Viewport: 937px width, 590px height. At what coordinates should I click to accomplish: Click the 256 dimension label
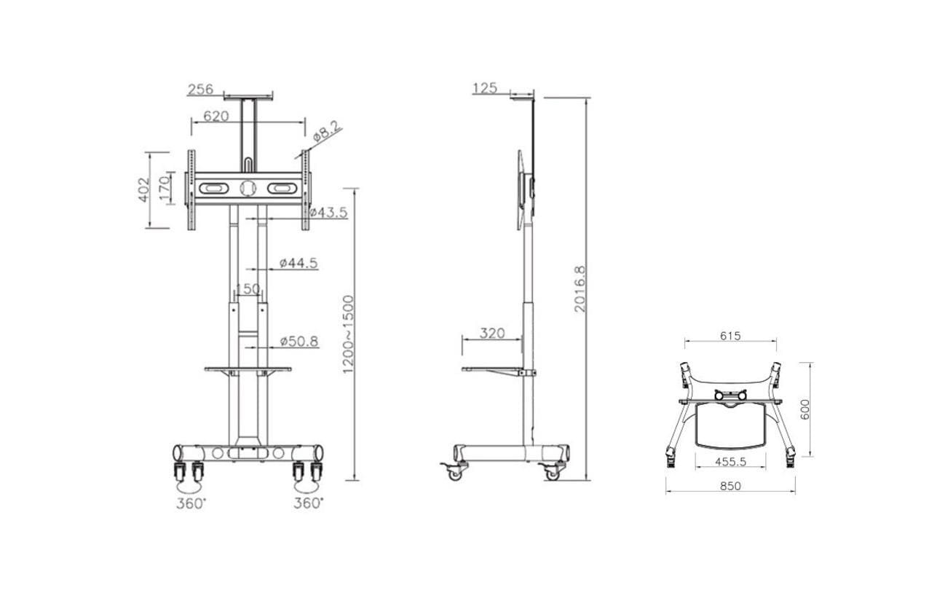(x=200, y=89)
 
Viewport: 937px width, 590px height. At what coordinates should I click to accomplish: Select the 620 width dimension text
(x=216, y=116)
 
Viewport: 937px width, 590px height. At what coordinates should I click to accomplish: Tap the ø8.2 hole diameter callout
(x=327, y=131)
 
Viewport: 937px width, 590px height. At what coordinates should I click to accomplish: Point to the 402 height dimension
(x=143, y=190)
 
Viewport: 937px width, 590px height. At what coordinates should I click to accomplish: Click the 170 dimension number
(x=165, y=188)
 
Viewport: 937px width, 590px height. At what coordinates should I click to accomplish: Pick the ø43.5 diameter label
(x=329, y=213)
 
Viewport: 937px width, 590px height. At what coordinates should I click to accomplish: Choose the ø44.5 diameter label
(x=299, y=263)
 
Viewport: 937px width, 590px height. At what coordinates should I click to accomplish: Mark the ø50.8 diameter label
(x=299, y=342)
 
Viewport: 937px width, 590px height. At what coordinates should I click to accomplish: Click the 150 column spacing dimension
(x=248, y=288)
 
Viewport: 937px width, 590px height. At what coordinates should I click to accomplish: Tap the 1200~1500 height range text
(x=348, y=334)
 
